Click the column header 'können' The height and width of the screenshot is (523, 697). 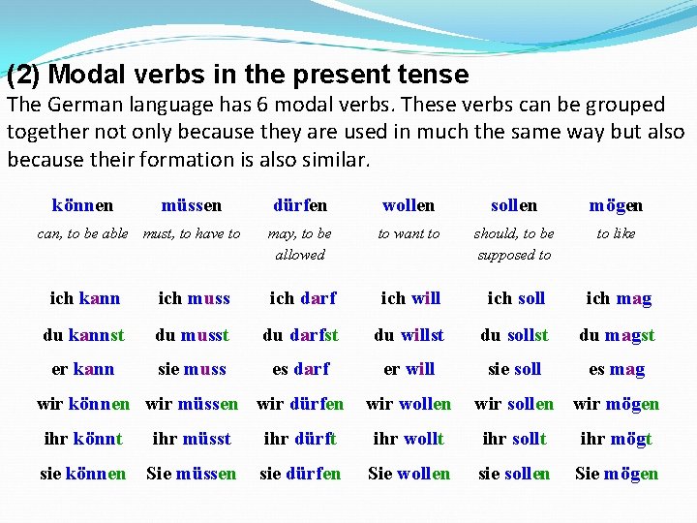82,205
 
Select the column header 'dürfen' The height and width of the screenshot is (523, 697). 300,205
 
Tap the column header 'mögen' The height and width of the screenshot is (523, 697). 616,205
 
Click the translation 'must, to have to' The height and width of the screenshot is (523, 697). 192,233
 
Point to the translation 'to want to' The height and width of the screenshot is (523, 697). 409,233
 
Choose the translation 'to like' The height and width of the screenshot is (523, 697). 616,233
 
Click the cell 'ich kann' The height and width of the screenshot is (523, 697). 85,298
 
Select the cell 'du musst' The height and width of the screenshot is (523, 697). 192,335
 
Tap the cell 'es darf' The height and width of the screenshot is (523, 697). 300,369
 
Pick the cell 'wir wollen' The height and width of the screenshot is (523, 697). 409,404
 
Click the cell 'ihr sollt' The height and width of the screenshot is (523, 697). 514,439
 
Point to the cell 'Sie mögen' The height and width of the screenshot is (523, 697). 616,474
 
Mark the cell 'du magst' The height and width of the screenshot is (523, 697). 617,335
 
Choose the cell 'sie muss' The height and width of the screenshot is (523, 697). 192,369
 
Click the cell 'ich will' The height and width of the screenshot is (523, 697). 410,298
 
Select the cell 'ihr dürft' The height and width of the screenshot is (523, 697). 300,439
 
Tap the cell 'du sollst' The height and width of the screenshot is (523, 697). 514,335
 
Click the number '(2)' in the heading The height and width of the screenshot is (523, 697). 23,75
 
